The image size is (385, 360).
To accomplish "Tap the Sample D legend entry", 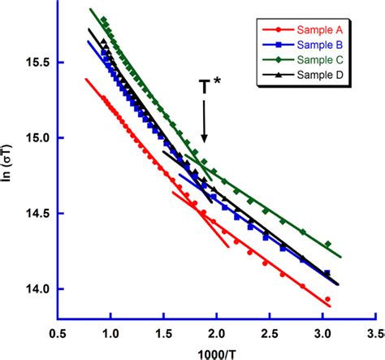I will coord(307,76).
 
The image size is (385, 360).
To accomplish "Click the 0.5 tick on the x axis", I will coord(58,333).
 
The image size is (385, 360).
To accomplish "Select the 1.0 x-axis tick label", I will coord(110,333).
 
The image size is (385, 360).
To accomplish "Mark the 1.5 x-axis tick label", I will coord(164,333).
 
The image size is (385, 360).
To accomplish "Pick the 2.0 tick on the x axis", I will coord(217,333).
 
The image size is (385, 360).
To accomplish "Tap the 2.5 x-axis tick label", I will coord(270,333).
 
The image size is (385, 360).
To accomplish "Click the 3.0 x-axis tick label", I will coord(324,333).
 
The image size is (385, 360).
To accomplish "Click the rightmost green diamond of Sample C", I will coord(327,244).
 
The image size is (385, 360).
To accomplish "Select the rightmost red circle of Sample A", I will coord(327,299).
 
